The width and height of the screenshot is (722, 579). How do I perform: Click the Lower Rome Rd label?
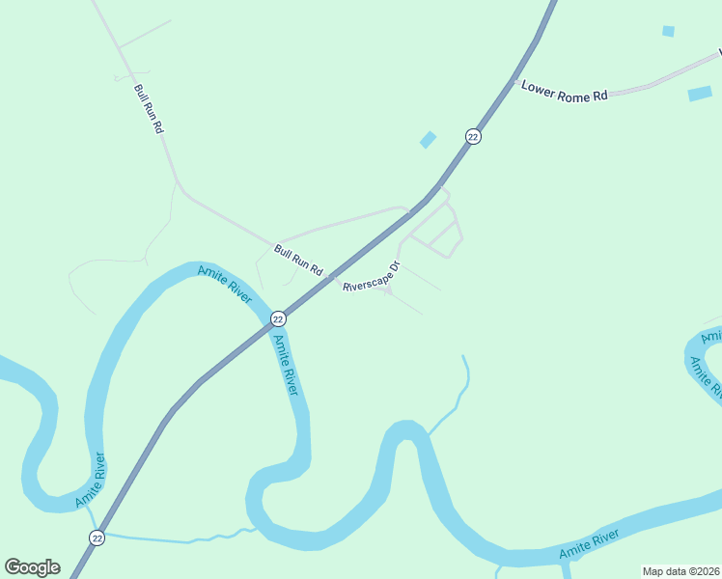(x=565, y=91)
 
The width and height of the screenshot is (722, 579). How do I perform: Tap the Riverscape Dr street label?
(x=372, y=277)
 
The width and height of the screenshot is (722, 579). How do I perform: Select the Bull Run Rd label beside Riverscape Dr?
(x=298, y=260)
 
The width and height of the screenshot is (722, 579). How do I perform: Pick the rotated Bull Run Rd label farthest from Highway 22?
(x=149, y=108)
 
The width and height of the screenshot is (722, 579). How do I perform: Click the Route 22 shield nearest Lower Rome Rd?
(x=472, y=137)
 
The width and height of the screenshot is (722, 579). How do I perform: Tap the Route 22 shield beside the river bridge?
(x=278, y=318)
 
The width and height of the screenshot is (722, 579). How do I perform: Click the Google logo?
(x=32, y=566)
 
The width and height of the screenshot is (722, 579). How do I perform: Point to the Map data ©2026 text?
(x=680, y=571)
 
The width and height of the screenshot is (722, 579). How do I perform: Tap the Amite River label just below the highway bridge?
(x=285, y=364)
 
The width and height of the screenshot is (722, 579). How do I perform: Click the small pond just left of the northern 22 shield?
(x=428, y=140)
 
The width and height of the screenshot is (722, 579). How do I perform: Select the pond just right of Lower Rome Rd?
(x=700, y=94)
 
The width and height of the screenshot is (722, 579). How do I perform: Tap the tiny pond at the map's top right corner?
(x=668, y=31)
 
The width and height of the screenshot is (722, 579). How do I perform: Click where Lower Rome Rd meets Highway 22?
(x=515, y=81)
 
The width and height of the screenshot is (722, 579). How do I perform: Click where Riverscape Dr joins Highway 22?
(x=333, y=278)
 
